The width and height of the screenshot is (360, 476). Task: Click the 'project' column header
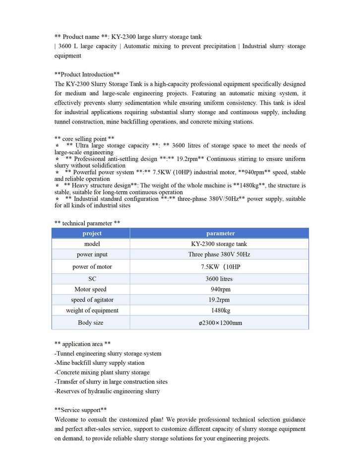click(x=92, y=233)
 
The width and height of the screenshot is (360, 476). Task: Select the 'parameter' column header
click(x=220, y=233)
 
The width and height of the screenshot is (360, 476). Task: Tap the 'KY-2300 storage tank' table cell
click(x=219, y=244)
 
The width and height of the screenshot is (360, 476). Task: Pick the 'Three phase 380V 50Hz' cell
click(x=219, y=254)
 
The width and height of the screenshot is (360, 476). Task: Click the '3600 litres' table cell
click(x=219, y=279)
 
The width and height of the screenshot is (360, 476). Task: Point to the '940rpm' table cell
click(x=220, y=289)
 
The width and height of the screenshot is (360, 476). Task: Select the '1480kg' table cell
click(x=220, y=310)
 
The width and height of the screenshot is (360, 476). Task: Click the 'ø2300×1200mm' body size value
click(x=220, y=323)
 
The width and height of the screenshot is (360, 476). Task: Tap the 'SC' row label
click(x=92, y=279)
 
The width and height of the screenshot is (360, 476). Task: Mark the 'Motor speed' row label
click(x=90, y=289)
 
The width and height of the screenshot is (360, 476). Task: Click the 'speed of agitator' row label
click(x=92, y=300)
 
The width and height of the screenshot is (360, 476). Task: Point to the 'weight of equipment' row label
click(x=92, y=310)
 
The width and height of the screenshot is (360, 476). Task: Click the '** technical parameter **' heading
click(x=87, y=223)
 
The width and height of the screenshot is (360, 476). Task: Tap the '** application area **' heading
click(x=82, y=344)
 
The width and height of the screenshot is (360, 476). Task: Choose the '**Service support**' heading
click(x=80, y=410)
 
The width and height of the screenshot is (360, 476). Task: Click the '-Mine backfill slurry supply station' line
click(x=99, y=363)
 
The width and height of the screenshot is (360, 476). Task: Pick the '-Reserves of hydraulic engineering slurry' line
click(x=107, y=391)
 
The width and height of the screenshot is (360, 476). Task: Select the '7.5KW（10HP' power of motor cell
click(x=220, y=267)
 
